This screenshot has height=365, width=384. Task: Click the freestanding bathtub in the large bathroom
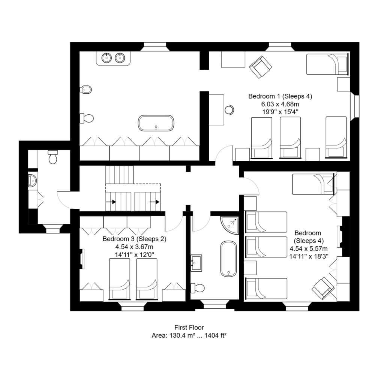pyautogui.click(x=156, y=123)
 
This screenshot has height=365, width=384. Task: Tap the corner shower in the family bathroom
pyautogui.click(x=229, y=225)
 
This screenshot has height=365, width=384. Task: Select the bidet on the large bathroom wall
pyautogui.click(x=85, y=90)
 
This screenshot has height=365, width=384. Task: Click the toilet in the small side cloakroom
pyautogui.click(x=52, y=157)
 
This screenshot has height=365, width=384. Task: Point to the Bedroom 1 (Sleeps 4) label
pyautogui.click(x=280, y=96)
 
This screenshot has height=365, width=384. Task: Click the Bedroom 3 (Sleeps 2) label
pyautogui.click(x=134, y=239)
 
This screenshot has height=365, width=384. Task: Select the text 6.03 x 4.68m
pyautogui.click(x=280, y=104)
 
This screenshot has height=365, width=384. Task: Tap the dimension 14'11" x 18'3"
pyautogui.click(x=309, y=256)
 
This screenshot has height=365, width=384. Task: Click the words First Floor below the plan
pyautogui.click(x=189, y=327)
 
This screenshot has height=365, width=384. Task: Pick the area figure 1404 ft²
pyautogui.click(x=215, y=335)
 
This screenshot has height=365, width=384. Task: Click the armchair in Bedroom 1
pyautogui.click(x=260, y=67)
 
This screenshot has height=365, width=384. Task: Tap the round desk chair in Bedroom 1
pyautogui.click(x=229, y=109)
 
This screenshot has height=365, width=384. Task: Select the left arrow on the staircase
pyautogui.click(x=111, y=202)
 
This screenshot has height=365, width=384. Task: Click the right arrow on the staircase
pyautogui.click(x=154, y=202)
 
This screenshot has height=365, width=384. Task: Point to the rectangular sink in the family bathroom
pyautogui.click(x=196, y=263)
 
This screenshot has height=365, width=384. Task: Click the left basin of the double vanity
pyautogui.click(x=106, y=58)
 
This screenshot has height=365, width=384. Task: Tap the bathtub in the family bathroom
pyautogui.click(x=229, y=259)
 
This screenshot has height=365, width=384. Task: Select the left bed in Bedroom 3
pyautogui.click(x=119, y=279)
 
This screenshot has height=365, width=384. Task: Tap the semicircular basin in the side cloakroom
pyautogui.click(x=33, y=181)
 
